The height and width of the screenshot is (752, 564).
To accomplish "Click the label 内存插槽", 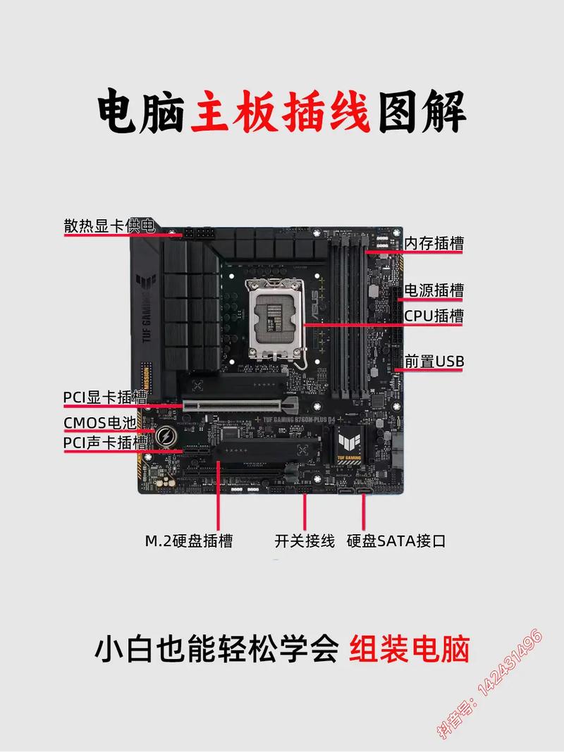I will coord(434,244).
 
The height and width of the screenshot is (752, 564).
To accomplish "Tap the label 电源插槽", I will coord(434,290).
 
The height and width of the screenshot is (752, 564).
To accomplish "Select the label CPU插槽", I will coord(434,316).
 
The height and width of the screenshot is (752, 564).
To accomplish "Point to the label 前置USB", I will coord(434,362).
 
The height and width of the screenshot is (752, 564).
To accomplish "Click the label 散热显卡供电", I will coord(109,226).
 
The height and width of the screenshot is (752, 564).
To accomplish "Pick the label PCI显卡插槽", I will coord(105,397).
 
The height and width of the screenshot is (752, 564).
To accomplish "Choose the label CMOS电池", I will coord(99,423).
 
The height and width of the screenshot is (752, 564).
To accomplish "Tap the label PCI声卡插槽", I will coord(105,443).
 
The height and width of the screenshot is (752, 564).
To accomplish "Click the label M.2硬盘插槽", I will coord(189,541).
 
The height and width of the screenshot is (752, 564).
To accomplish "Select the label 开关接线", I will coord(305,541).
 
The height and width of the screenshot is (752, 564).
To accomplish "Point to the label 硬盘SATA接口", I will coord(396,541).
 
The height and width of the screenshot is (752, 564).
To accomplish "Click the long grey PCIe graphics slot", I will coord(244,406).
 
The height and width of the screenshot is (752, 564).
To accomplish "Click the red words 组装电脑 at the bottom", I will coord(410,650).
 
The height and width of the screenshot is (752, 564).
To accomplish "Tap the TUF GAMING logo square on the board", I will coord(350,443).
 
